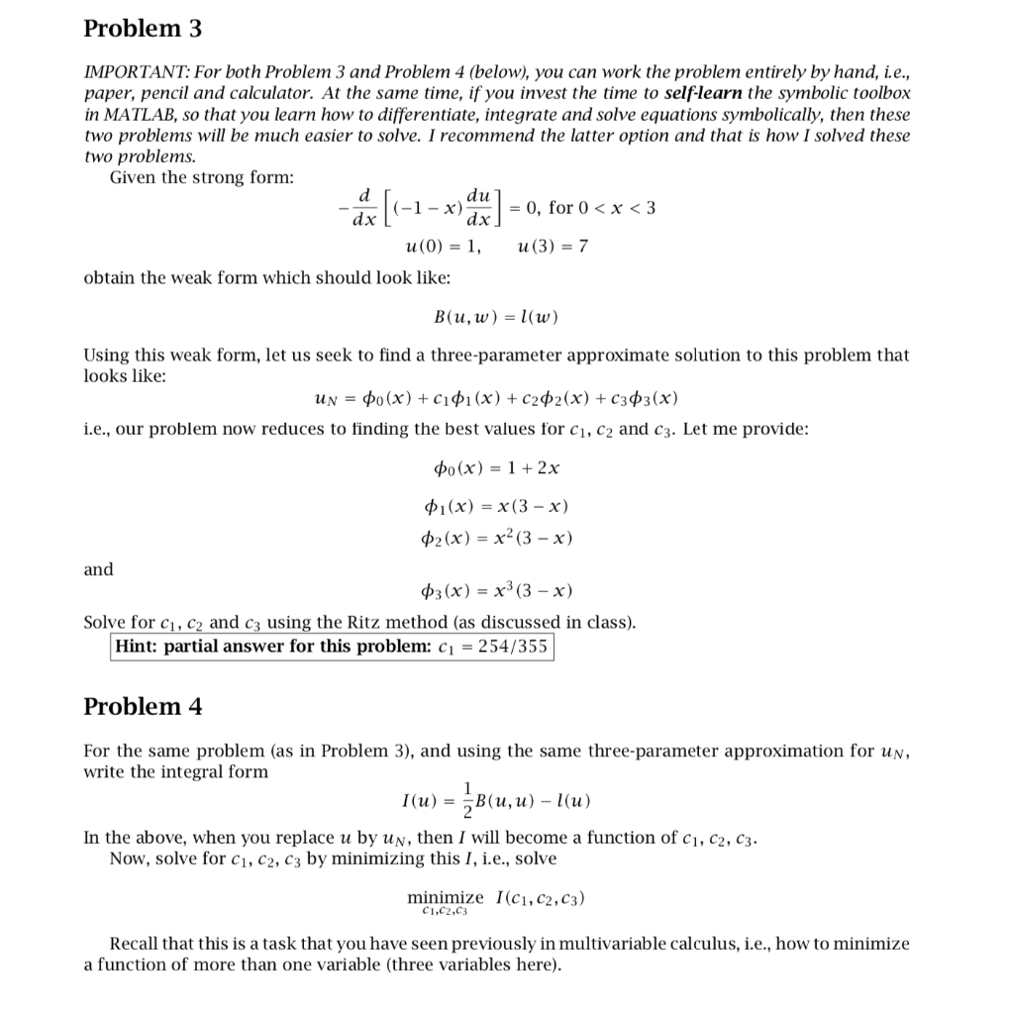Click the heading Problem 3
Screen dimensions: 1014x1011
[x=143, y=29]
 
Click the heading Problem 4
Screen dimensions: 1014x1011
[x=143, y=706]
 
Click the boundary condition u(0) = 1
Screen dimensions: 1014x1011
[x=445, y=246]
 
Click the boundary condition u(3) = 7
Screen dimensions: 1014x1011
[x=554, y=246]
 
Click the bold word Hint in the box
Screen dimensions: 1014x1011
[x=137, y=648]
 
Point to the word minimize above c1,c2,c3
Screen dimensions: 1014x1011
[x=446, y=897]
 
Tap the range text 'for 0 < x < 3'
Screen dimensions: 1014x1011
[x=602, y=208]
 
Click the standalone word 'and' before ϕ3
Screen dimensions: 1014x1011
[x=98, y=569]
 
